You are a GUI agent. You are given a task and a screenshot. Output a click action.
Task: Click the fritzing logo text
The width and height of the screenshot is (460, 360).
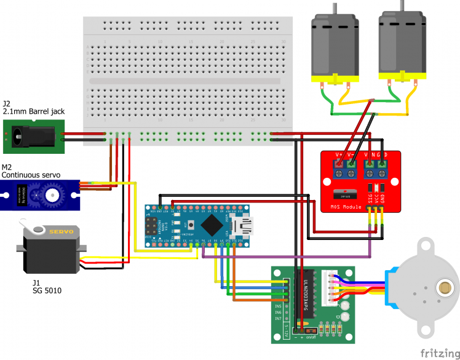pos(437,353)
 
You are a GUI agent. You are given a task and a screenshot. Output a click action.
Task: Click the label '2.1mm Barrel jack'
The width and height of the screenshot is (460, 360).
pos(34,111)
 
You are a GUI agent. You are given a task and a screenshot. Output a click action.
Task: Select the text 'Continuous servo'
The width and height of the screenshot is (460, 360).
pos(31,175)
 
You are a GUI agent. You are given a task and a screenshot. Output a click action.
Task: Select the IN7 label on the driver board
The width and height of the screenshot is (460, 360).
pos(278,318)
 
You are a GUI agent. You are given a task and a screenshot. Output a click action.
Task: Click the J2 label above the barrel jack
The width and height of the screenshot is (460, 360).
pos(7,103)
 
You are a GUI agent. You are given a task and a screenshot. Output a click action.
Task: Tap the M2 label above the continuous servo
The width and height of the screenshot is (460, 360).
pos(7,167)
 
